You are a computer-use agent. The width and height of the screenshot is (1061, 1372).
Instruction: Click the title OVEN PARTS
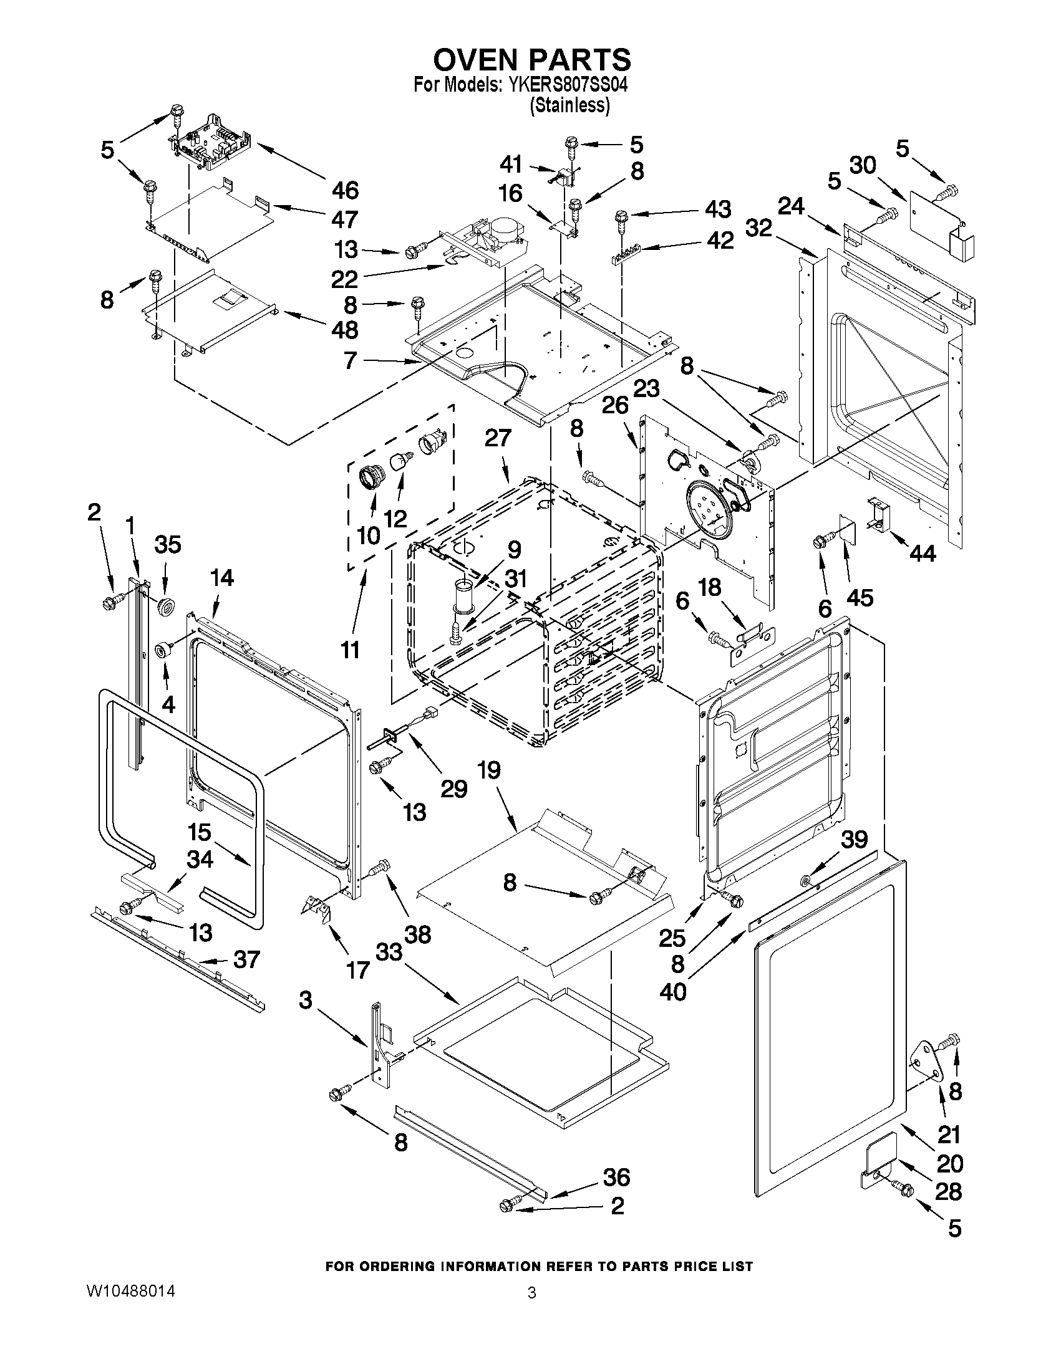pos(532,60)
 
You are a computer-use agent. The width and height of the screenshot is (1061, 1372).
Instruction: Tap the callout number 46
pos(345,189)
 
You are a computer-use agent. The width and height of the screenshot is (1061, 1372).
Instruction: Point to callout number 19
pos(489,770)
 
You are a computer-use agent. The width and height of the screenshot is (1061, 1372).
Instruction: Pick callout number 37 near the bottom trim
pos(246,959)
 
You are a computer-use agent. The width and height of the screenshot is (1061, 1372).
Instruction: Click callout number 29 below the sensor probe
pos(454,789)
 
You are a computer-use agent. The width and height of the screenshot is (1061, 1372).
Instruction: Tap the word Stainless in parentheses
pos(569,105)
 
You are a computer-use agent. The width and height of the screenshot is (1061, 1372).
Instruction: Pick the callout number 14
pos(222,578)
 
